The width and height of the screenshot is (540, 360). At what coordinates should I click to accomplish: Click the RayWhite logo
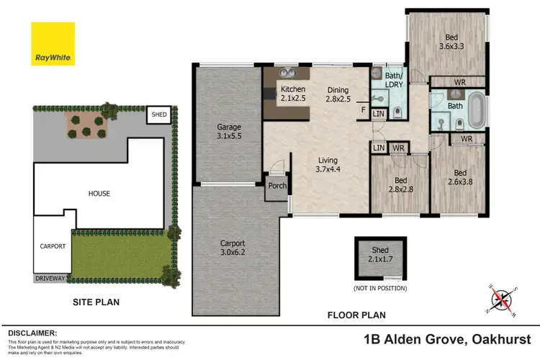pos(53,44)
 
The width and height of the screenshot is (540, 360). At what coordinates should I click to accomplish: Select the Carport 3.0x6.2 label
pos(234,247)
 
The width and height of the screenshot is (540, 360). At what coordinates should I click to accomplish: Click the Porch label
pos(277,186)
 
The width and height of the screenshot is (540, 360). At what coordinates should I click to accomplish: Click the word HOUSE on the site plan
pos(99,194)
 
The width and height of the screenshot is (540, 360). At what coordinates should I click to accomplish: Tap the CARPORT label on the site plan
pos(52,246)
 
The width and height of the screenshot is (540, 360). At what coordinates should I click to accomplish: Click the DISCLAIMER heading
pos(32,333)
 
